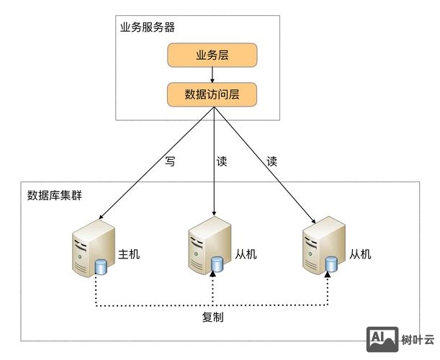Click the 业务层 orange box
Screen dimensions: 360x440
pyautogui.click(x=212, y=55)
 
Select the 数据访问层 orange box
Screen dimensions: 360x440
pyautogui.click(x=212, y=94)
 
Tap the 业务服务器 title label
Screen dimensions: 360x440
pyautogui.click(x=147, y=27)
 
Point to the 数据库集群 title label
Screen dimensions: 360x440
pyautogui.click(x=54, y=195)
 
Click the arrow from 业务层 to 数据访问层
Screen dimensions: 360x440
pyautogui.click(x=212, y=75)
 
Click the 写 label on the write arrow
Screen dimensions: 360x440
pyautogui.click(x=170, y=161)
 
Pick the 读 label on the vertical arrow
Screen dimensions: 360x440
pyautogui.click(x=222, y=161)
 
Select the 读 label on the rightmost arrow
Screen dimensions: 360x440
pyautogui.click(x=272, y=161)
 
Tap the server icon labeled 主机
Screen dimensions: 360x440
pyautogui.click(x=92, y=249)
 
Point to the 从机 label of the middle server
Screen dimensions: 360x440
pyautogui.click(x=245, y=254)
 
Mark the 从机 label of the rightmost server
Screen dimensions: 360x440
pyautogui.click(x=359, y=254)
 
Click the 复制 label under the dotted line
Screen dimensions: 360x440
pyautogui.click(x=213, y=317)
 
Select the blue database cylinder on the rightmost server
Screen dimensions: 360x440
pyautogui.click(x=331, y=264)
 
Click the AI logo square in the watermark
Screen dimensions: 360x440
pyautogui.click(x=382, y=338)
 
